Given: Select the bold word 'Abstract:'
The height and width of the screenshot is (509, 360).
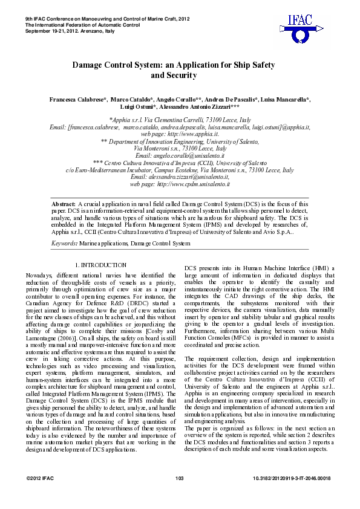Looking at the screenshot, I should [64, 204].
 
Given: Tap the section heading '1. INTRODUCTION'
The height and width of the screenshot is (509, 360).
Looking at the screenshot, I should [100, 265].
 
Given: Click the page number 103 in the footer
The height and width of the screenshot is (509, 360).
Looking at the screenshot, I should [179, 479].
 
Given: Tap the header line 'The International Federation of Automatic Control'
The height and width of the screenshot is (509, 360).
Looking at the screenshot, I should [82, 25].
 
